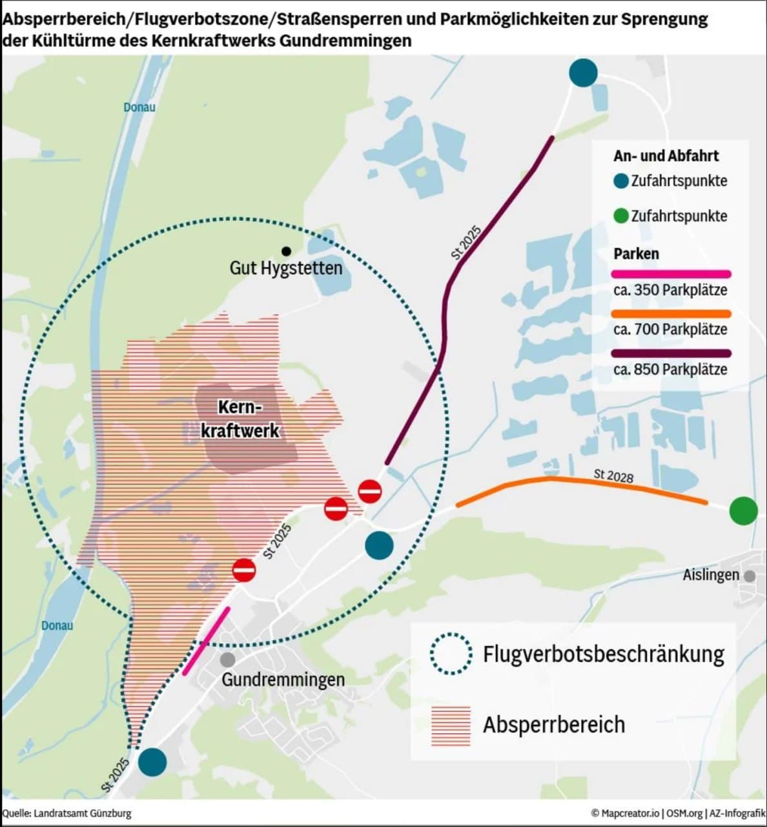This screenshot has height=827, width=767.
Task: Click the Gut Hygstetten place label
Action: (x=286, y=267)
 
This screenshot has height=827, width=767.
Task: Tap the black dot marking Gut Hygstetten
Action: (x=286, y=251)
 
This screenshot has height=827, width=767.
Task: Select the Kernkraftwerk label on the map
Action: (x=240, y=419)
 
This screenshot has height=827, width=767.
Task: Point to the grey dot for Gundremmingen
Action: (x=227, y=660)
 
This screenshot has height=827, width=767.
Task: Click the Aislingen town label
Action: (x=711, y=574)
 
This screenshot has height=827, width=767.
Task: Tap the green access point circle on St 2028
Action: (x=743, y=510)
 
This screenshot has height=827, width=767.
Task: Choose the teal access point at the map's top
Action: (x=583, y=72)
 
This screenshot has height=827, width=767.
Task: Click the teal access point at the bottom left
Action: (x=152, y=762)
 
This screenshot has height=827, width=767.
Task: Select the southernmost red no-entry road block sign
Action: (x=244, y=570)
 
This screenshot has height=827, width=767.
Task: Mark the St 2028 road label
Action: (x=613, y=476)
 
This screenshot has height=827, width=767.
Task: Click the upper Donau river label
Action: (x=139, y=107)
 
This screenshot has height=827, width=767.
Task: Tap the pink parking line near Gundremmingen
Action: (x=206, y=641)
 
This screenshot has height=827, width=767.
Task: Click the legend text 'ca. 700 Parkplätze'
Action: (x=670, y=330)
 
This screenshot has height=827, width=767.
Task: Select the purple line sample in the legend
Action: (x=671, y=353)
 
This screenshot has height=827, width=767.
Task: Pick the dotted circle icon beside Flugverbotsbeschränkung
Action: (x=451, y=653)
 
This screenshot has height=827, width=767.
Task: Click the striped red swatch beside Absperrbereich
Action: (x=451, y=725)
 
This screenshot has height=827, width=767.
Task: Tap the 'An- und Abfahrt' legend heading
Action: (x=666, y=156)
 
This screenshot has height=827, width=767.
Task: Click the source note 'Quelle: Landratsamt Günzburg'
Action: (x=66, y=813)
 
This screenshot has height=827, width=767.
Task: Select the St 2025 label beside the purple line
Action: (x=466, y=243)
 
